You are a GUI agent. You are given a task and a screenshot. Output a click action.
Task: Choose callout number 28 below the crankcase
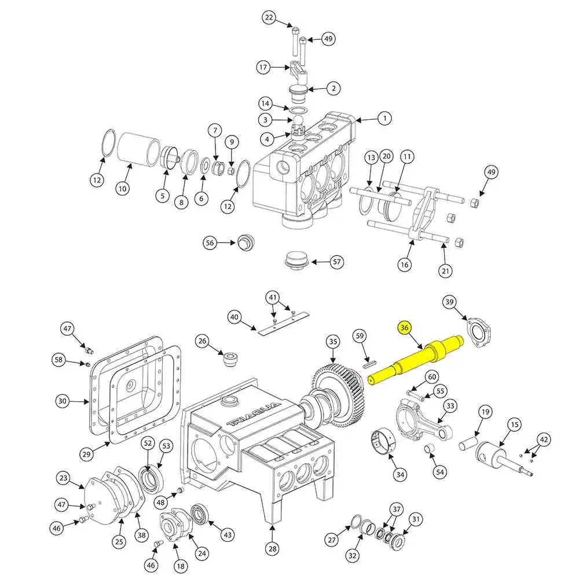pos(273,548)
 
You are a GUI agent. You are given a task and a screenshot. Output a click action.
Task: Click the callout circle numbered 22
pos(269,18)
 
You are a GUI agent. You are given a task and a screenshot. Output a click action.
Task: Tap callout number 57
pos(338,262)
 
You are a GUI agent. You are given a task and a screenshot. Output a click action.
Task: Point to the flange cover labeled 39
pos(479,334)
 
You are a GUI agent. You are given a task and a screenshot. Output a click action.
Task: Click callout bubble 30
pos(64,400)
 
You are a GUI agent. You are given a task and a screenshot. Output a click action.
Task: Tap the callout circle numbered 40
pos(234,317)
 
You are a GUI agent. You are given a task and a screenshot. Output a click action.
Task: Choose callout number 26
pos(202,341)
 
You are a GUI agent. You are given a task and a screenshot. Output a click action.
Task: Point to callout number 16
pos(404,265)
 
